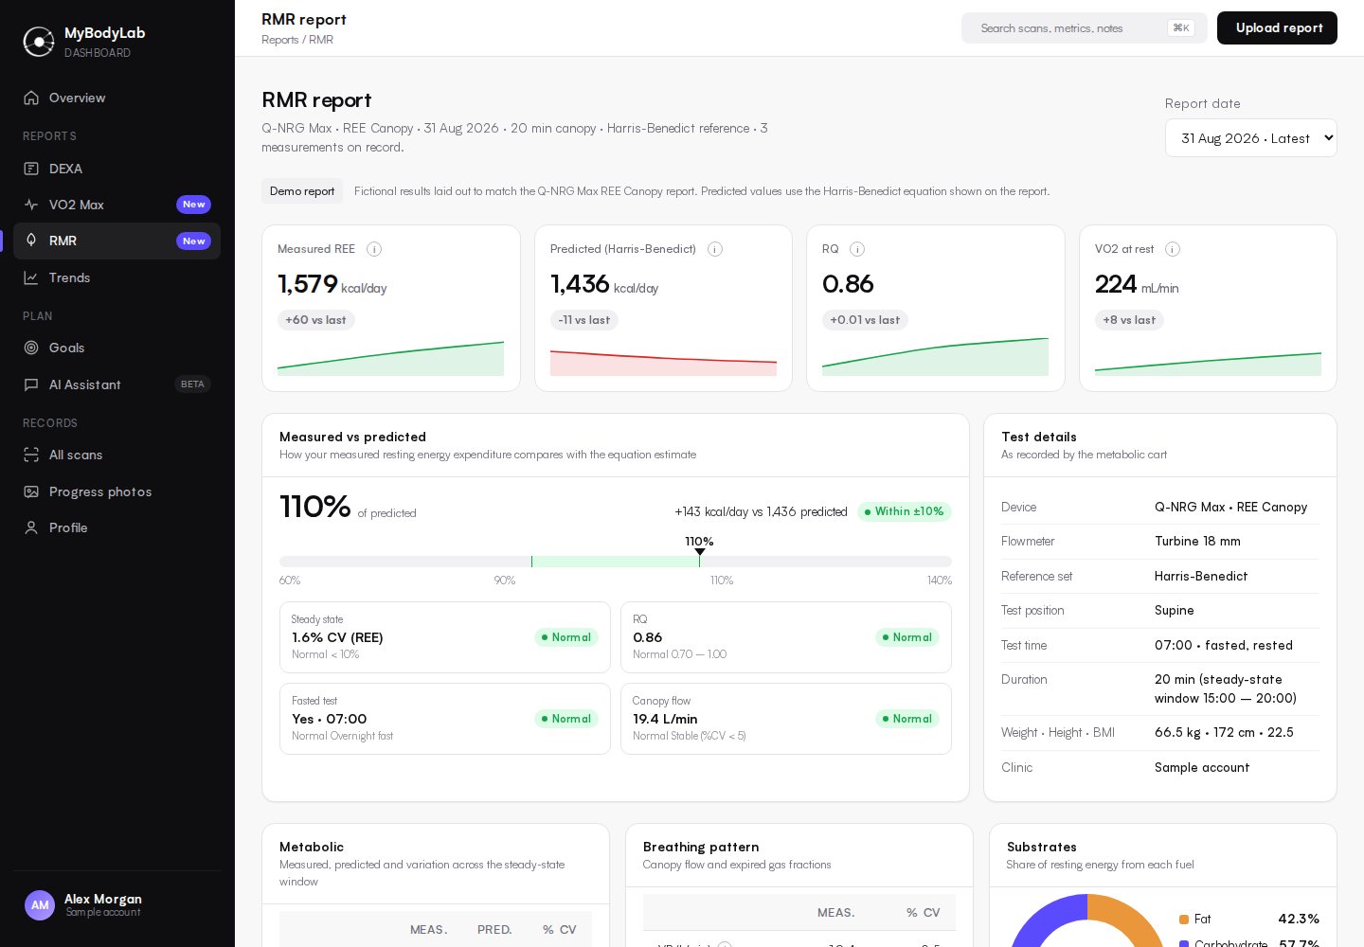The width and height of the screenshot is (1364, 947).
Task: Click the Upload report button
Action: [x=1277, y=28]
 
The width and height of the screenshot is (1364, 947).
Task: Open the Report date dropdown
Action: [x=1250, y=138]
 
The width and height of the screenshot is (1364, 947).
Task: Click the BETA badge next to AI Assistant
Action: [x=192, y=384]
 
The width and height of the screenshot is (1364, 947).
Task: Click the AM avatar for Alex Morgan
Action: [x=40, y=905]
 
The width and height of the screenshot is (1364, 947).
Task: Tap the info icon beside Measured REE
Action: [x=374, y=249]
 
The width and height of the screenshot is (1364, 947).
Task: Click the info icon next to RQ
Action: [x=856, y=249]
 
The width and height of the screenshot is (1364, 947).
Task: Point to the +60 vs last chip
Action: [x=315, y=320]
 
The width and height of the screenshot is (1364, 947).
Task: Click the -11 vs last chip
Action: [x=583, y=320]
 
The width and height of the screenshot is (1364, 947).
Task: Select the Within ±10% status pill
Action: [x=905, y=511]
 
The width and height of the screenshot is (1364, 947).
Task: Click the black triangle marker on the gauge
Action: [x=700, y=552]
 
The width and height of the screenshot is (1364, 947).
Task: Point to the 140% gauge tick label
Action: [x=939, y=581]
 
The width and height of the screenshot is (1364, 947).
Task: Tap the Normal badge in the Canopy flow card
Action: [x=907, y=719]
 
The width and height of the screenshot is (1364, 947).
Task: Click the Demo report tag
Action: [x=302, y=191]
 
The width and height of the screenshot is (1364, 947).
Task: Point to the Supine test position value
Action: [x=1174, y=611]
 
